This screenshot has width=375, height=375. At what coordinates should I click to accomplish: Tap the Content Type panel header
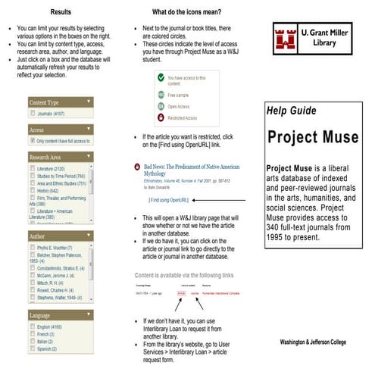pos(60,102)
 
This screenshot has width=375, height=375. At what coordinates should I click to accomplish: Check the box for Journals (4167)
pos(32,114)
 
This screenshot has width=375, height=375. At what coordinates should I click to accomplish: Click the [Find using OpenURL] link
pos(168,200)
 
